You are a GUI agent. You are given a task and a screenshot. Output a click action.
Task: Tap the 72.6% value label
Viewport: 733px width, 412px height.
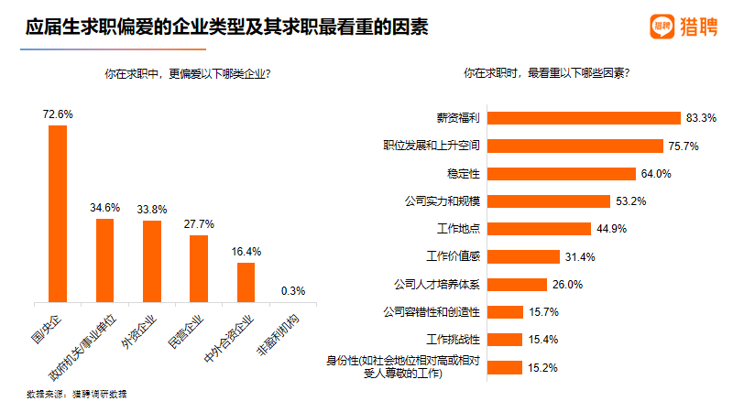click(57, 114)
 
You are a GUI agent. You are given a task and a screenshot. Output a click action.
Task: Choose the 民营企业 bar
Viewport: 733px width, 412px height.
click(199, 268)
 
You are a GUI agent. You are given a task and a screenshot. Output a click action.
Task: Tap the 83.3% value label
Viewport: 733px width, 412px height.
click(701, 118)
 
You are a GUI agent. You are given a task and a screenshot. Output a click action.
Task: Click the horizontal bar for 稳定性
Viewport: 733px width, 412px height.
click(563, 173)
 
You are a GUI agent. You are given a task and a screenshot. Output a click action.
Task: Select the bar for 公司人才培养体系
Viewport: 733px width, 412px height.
click(519, 284)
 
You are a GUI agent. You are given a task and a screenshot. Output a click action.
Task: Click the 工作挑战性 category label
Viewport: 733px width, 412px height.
click(461, 339)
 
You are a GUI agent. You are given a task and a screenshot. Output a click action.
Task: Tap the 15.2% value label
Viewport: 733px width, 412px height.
click(542, 368)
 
